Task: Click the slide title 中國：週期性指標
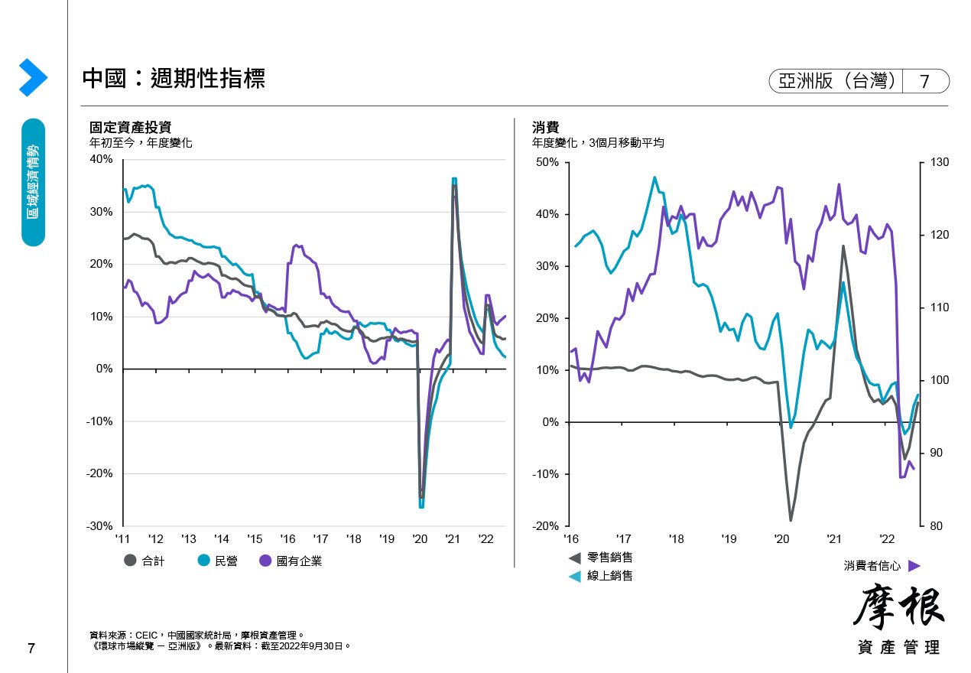click(x=174, y=79)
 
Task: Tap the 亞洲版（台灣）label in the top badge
click(x=836, y=81)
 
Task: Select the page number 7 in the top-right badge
click(x=924, y=81)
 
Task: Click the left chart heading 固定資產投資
click(x=130, y=127)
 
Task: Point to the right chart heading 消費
click(x=546, y=127)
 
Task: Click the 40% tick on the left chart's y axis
click(x=101, y=159)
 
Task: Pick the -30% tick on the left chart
click(x=99, y=526)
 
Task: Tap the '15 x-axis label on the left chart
click(x=255, y=538)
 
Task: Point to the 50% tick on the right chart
click(x=548, y=162)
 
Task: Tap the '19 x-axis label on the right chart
click(x=729, y=538)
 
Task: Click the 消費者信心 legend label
click(x=872, y=566)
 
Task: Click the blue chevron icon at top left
click(x=34, y=77)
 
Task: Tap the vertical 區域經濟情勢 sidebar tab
click(x=34, y=182)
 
